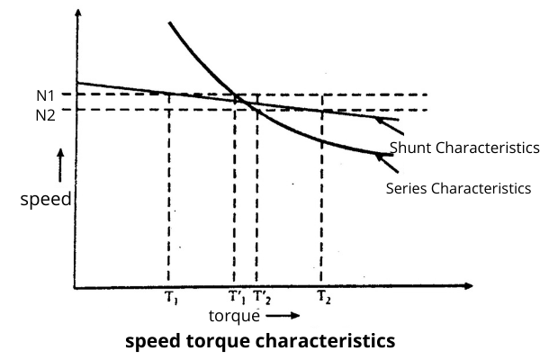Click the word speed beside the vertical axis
[45, 200]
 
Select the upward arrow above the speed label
[60, 166]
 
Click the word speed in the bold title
[150, 342]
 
